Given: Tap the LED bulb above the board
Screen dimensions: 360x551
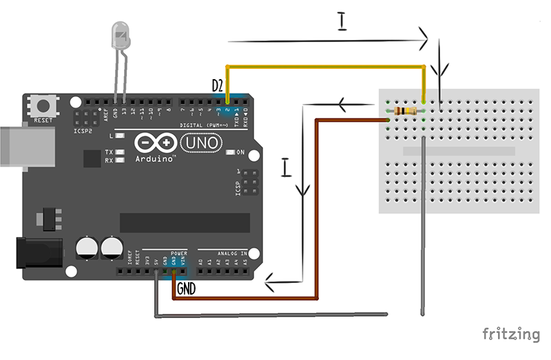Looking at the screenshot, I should [121, 35].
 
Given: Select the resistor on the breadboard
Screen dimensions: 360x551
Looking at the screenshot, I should [407, 111].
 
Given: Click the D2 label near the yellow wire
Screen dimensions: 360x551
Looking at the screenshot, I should [218, 86].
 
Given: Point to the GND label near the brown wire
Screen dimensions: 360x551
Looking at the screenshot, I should [186, 289].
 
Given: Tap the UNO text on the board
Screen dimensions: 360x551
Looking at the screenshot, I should [202, 142].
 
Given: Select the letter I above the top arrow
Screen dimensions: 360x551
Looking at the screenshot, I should [342, 21].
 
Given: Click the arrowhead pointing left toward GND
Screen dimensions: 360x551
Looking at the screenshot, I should [271, 281].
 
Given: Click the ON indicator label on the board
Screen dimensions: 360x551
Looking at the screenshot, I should [241, 151].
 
